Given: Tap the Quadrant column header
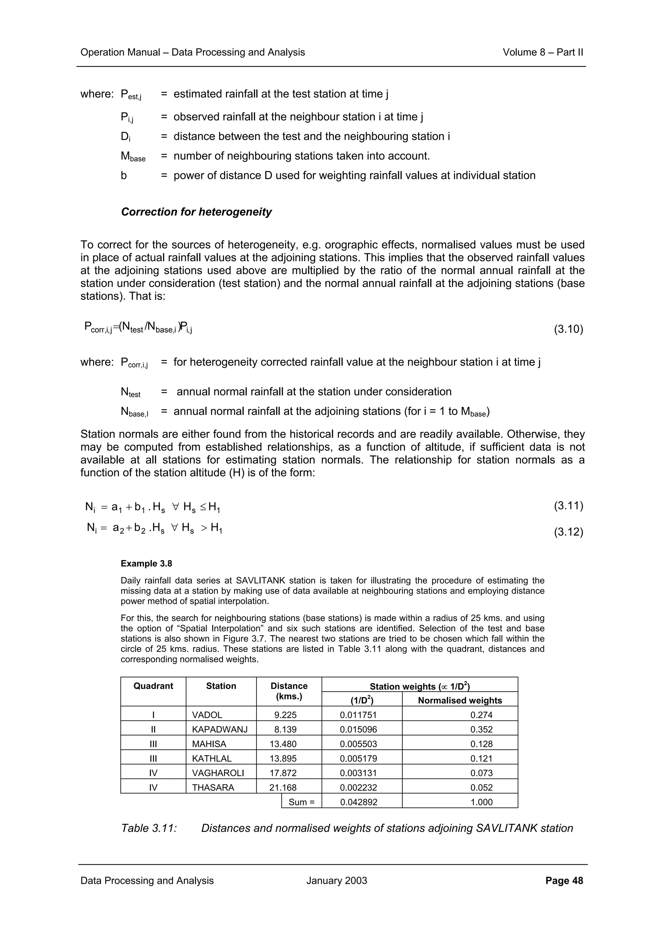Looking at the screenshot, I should click(153, 686).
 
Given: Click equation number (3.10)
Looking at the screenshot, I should click(568, 329).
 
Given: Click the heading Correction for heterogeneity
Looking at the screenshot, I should click(196, 212).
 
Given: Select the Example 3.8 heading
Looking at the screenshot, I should click(146, 564).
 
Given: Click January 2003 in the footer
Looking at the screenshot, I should click(336, 881).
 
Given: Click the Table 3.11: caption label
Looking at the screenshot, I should click(149, 828).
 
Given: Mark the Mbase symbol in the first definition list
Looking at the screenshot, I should click(133, 157).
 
